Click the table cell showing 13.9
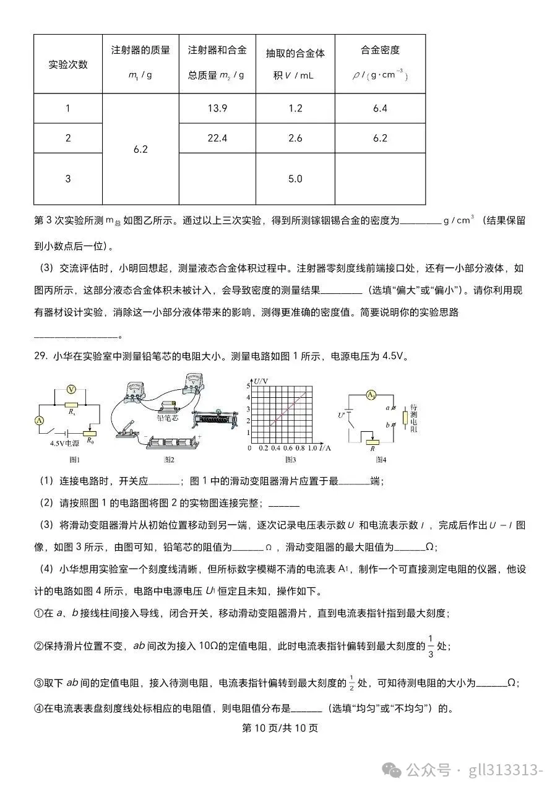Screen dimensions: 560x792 tap(217, 108)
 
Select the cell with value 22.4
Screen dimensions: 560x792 tap(217, 138)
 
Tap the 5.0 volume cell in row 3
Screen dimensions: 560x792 tap(295, 179)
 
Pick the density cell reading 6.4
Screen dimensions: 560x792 tap(380, 108)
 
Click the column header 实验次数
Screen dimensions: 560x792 tap(68, 64)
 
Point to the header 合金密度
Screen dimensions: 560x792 tap(380, 50)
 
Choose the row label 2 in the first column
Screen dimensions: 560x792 tap(68, 138)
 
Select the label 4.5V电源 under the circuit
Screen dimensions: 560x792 tap(64, 444)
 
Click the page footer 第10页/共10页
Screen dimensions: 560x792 tap(280, 728)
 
